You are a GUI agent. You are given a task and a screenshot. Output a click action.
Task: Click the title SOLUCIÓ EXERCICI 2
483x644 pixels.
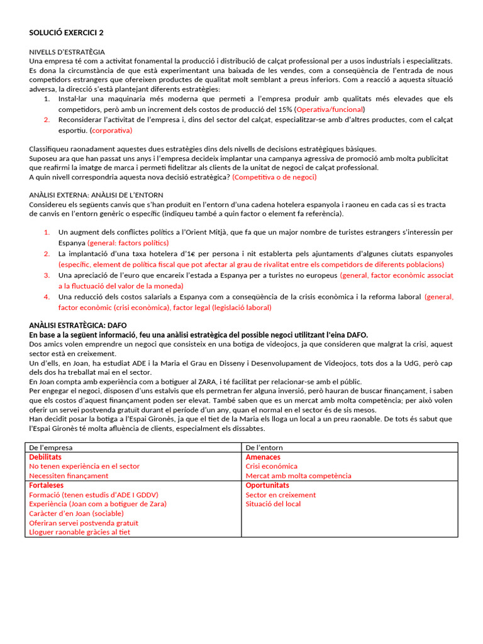click(x=67, y=33)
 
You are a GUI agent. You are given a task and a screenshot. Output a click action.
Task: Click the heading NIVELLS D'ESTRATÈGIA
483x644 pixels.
click(x=67, y=52)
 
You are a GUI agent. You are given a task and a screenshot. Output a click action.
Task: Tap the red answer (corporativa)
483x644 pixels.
click(x=111, y=130)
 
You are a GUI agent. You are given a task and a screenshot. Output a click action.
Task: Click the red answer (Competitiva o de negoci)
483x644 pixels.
click(x=274, y=177)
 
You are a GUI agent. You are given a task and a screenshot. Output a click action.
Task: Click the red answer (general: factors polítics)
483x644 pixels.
click(x=128, y=242)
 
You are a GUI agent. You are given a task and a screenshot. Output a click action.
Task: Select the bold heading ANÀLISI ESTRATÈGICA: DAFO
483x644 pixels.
click(x=78, y=325)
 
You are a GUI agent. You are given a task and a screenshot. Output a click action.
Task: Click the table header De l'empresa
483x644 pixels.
click(x=51, y=447)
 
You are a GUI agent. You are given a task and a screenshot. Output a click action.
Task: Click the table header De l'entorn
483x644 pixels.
click(x=265, y=447)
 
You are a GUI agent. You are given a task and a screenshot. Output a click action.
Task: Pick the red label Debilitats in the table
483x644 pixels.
click(x=45, y=457)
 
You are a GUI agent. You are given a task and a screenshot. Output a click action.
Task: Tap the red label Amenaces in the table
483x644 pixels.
click(x=263, y=457)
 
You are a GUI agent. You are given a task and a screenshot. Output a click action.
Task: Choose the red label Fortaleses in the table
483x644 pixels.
click(x=47, y=486)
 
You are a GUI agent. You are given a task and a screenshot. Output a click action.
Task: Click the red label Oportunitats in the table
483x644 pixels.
click(x=267, y=486)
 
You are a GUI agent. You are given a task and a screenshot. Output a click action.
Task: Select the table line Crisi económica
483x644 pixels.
click(x=271, y=466)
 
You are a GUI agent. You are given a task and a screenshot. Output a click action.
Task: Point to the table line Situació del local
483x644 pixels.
click(x=273, y=504)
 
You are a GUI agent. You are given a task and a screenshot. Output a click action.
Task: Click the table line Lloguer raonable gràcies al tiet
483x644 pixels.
click(x=80, y=532)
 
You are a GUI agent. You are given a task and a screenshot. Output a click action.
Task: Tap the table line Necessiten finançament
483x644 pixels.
click(x=69, y=475)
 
